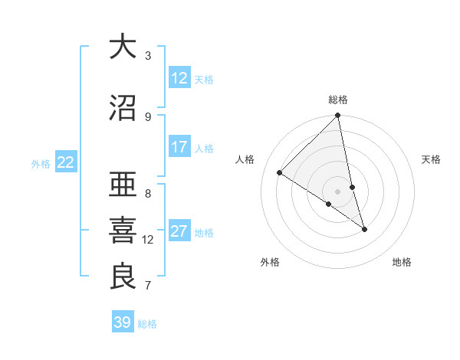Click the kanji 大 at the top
[x=123, y=47]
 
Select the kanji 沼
[x=123, y=108]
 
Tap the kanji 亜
[x=123, y=185]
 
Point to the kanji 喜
[x=123, y=231]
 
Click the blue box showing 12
[x=179, y=78]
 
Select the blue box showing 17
[x=179, y=147]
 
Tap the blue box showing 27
[x=179, y=231]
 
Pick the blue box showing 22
[x=66, y=162]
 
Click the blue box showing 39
[x=123, y=322]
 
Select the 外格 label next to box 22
[x=41, y=163]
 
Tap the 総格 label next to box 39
[x=147, y=324]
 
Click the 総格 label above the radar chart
[x=338, y=100]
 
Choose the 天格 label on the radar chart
[x=432, y=159]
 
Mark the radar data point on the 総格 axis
[x=338, y=116]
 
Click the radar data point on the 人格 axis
[x=280, y=173]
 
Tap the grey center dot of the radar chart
[x=338, y=191]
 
